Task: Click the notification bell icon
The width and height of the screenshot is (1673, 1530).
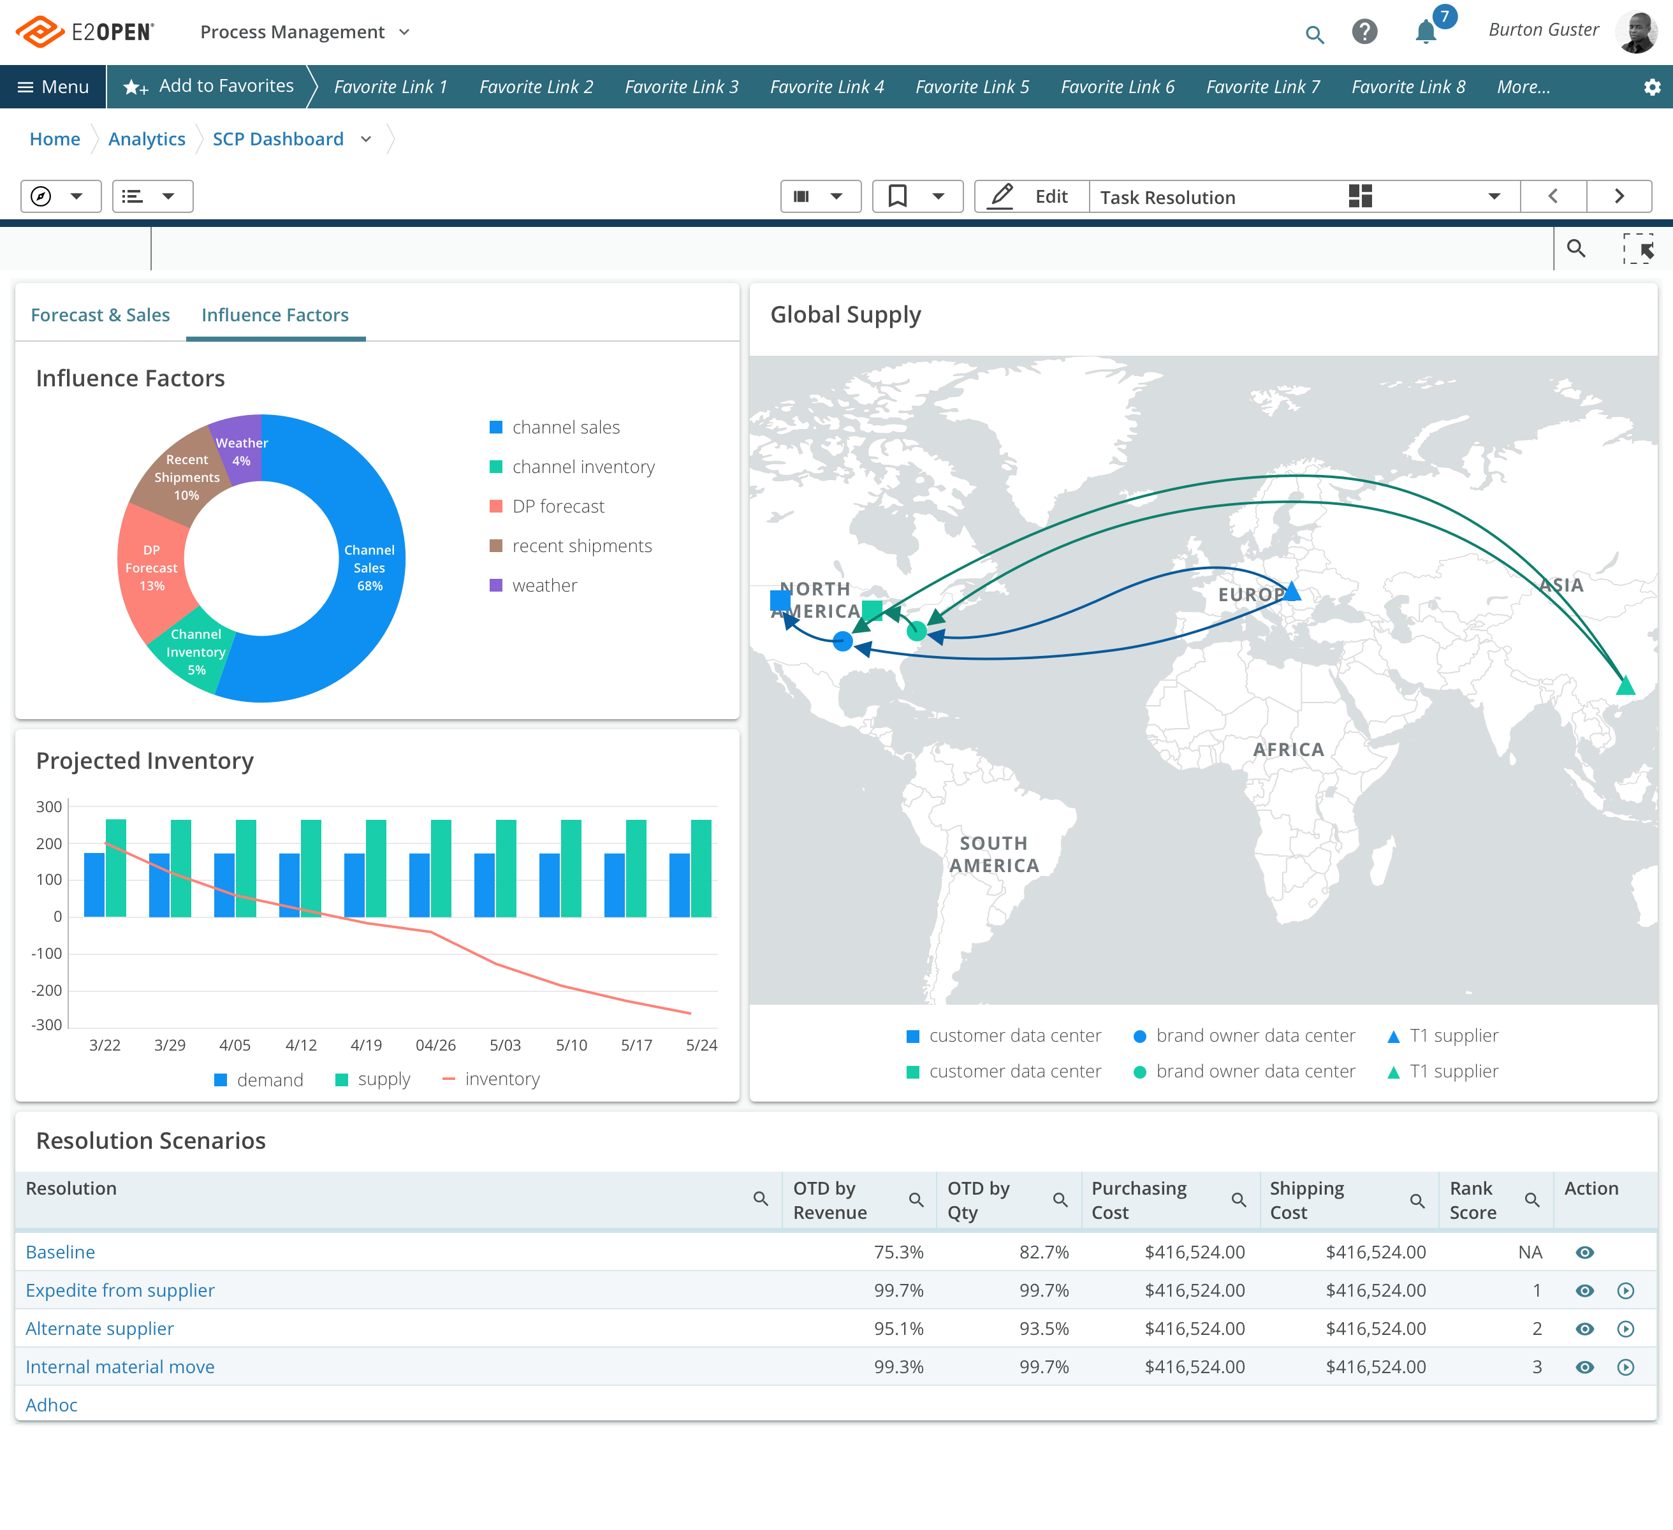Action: coord(1425,33)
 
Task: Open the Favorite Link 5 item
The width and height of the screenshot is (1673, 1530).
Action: coord(972,87)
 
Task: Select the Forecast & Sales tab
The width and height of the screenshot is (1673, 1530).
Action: coord(99,316)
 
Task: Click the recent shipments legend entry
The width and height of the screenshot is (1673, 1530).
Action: coord(581,546)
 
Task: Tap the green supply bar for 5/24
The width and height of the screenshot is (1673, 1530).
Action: coord(701,868)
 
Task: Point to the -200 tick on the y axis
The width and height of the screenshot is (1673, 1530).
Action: coord(47,990)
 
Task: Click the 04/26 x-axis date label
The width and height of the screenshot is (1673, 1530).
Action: coord(435,1045)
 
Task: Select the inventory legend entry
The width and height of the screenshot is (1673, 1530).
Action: coord(501,1079)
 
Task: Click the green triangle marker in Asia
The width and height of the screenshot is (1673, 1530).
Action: coord(1625,686)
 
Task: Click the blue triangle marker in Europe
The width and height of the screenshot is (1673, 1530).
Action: coord(1292,592)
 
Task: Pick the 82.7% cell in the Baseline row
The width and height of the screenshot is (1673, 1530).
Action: coord(1043,1252)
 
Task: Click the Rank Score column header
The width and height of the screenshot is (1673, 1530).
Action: coord(1472,1200)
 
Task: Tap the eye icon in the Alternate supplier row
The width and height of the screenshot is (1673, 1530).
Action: coord(1584,1329)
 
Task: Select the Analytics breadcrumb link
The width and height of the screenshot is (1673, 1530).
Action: coord(147,140)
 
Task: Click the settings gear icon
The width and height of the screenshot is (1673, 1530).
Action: coord(1651,87)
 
